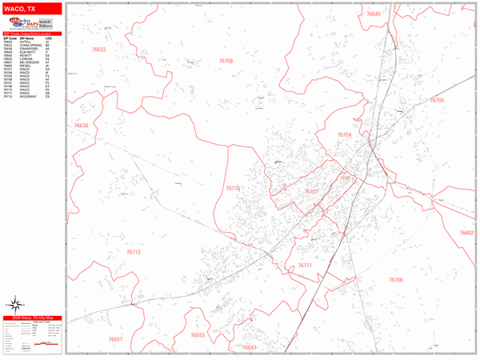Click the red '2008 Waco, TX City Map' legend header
32,318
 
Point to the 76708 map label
227,61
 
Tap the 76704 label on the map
342,135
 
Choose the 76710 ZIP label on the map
233,188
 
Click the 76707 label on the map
312,192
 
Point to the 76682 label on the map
466,232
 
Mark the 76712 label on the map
133,251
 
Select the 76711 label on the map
305,265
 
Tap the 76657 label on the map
115,339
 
